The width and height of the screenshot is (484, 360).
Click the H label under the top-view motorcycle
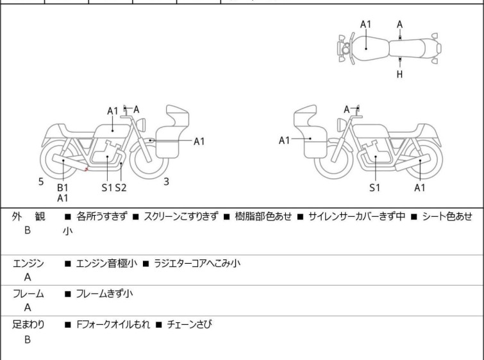click(400, 74)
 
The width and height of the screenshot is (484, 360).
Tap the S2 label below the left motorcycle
click(121, 187)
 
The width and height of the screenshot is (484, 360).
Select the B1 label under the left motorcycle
click(63, 187)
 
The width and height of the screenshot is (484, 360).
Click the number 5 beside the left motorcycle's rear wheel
click(41, 182)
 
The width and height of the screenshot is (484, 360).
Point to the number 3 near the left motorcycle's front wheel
click(167, 182)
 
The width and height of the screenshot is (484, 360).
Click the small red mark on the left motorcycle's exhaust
click(86, 169)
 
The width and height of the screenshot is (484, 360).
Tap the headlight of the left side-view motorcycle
click(141, 124)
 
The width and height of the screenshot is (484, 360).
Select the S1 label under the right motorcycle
click(375, 187)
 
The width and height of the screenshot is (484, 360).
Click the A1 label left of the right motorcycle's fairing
click(284, 141)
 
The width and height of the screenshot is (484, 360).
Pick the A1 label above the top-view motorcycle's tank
click(366, 24)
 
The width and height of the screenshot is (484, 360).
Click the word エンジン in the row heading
click(28, 264)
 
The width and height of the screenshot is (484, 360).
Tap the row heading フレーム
click(28, 294)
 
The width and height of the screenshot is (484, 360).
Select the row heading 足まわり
click(28, 325)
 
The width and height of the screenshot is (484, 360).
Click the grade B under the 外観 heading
click(28, 230)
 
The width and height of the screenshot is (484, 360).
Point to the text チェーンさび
click(190, 325)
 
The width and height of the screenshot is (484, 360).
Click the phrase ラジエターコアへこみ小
click(197, 264)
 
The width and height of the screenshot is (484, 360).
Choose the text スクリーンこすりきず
click(181, 216)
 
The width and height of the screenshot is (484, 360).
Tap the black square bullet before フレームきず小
click(67, 294)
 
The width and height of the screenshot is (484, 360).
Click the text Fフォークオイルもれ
click(113, 325)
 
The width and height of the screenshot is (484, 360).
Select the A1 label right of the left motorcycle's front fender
click(199, 142)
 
